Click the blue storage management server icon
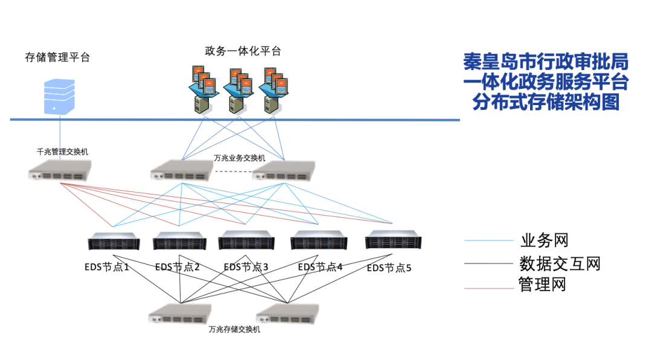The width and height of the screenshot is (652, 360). [x=60, y=96]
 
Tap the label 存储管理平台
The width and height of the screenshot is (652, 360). [x=57, y=58]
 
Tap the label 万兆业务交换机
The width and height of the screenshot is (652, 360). [x=240, y=158]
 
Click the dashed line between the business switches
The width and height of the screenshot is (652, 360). [x=232, y=172]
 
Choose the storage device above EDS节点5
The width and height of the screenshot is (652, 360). [x=393, y=240]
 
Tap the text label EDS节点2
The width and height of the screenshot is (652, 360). [x=177, y=267]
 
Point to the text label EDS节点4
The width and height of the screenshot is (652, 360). [x=321, y=267]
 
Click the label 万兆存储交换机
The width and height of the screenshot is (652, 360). [x=234, y=330]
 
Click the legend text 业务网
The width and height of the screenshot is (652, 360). [x=544, y=240]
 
